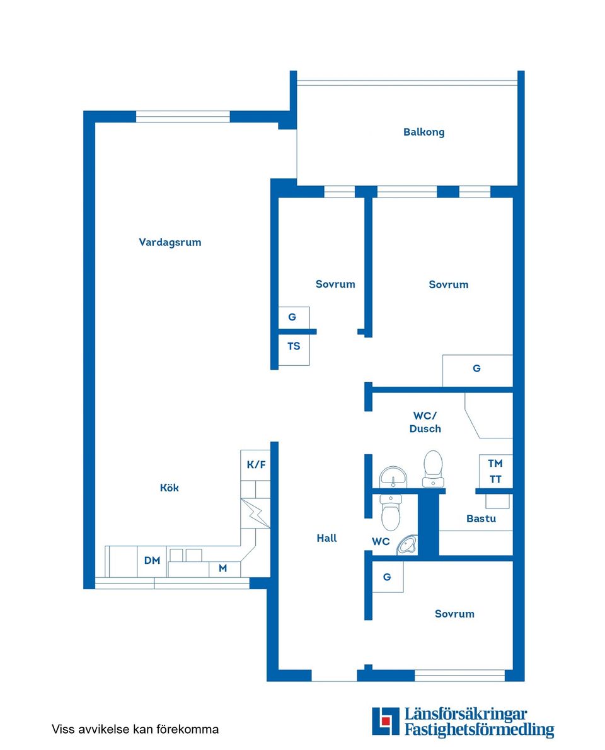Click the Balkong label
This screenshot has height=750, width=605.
(423, 132)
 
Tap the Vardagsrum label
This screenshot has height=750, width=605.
(170, 242)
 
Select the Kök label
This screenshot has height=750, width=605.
(169, 488)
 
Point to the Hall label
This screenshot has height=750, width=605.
(326, 538)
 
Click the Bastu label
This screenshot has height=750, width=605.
(481, 519)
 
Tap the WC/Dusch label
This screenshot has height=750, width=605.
(425, 423)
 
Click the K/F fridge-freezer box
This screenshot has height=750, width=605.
(256, 465)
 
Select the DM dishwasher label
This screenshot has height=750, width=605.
(152, 560)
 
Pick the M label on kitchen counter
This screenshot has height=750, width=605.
(222, 568)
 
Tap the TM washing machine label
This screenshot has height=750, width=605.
(495, 463)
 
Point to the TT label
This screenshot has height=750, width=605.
(495, 479)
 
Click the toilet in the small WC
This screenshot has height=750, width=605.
(391, 513)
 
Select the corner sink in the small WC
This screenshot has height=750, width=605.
(408, 546)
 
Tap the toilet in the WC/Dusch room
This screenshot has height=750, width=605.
(433, 468)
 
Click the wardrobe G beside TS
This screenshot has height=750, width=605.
(294, 317)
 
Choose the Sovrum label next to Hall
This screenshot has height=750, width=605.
(454, 614)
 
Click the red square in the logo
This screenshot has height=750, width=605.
(386, 721)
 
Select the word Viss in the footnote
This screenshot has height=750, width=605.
(62, 729)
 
